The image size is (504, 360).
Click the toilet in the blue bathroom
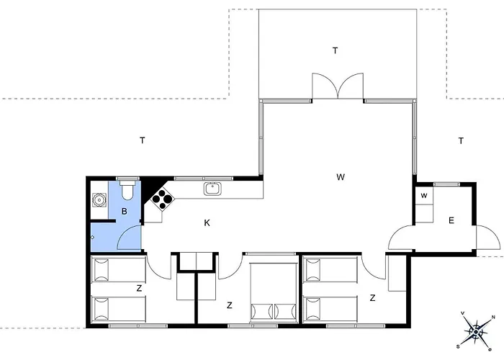127,190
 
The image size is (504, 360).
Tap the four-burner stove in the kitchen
163,199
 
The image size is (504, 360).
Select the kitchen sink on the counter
212,189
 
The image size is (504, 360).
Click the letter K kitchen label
207,222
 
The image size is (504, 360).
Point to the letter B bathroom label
124,211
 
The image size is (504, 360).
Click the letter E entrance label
451,220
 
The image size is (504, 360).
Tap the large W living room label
341,177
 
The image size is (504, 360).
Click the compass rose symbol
476,331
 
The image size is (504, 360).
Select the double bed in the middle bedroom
274,292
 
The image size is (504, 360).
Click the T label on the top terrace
336,50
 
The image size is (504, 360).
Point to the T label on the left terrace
142,140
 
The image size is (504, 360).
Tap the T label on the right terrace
461,140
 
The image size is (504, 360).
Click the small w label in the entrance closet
424,195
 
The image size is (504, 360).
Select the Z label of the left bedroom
139,288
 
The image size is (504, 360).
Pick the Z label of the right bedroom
372,297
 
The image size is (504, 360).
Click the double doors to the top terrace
338,86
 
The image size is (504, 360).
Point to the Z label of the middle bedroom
229,305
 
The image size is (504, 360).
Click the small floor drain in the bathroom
92,237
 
